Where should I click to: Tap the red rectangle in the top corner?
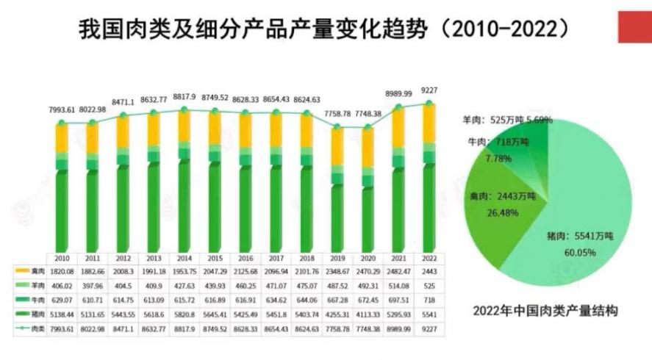(x=634, y=25)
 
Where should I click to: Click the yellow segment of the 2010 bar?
(x=62, y=138)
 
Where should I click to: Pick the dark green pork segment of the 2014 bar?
(x=185, y=206)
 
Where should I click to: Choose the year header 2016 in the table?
(x=247, y=259)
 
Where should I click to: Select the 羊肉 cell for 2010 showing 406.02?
(x=62, y=286)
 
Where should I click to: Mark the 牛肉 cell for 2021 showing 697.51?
(x=397, y=300)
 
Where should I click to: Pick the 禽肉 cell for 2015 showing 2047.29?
(x=215, y=272)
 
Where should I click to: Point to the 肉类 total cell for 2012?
(x=123, y=328)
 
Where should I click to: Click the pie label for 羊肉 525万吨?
(x=506, y=119)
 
